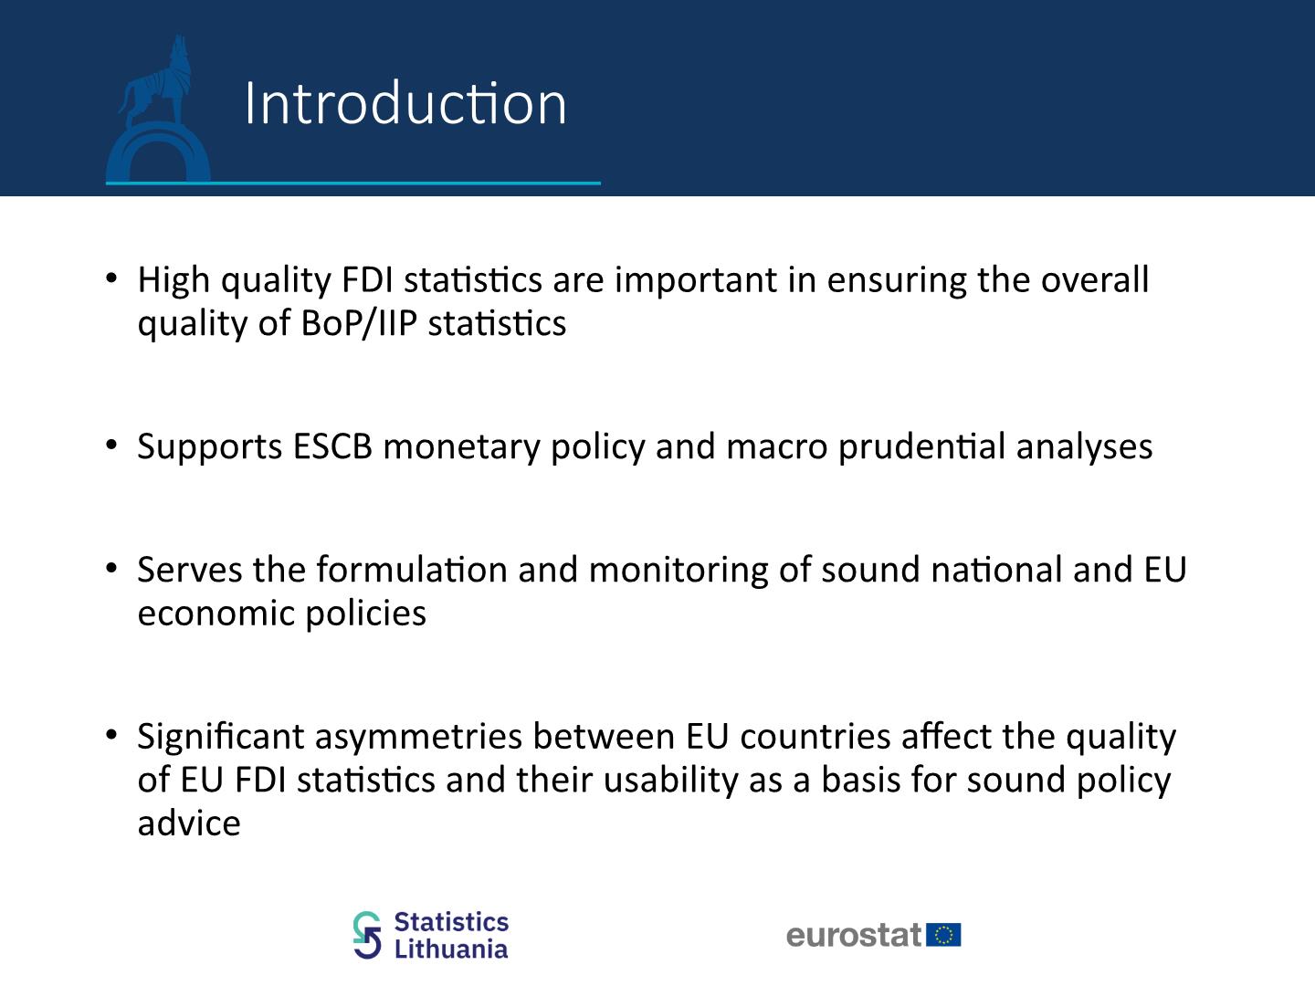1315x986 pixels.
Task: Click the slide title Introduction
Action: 405,103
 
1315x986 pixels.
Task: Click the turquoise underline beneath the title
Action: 352,184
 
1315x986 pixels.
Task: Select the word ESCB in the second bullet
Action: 332,446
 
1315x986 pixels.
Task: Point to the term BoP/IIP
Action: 359,324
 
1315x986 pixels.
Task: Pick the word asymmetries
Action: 418,737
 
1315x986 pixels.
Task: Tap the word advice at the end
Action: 189,823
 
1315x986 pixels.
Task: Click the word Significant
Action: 221,737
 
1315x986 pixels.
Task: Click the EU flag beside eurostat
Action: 943,935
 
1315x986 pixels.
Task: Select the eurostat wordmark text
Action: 854,935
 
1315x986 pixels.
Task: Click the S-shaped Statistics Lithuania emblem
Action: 367,935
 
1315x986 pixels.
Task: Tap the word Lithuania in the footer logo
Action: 451,949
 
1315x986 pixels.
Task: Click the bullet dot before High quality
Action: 110,278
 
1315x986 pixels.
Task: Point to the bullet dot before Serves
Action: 110,568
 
